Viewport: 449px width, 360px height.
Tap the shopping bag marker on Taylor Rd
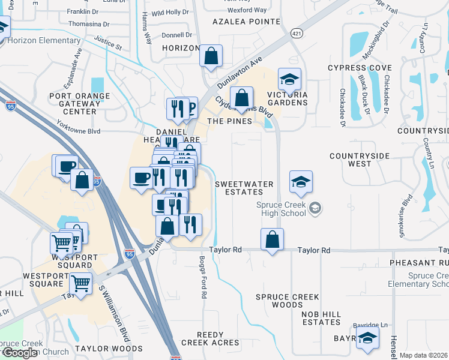(272, 239)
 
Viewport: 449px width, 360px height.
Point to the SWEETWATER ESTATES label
(239, 188)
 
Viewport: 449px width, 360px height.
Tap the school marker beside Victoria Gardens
(289, 80)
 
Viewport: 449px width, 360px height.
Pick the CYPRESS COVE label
(355, 68)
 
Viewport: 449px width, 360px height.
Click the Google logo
(20, 353)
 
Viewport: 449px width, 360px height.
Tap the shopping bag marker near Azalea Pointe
(211, 57)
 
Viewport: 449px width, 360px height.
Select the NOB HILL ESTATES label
(322, 318)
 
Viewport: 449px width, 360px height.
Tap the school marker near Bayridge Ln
(367, 338)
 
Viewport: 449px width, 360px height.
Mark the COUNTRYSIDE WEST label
(360, 160)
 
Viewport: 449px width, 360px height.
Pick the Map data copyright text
(424, 355)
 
